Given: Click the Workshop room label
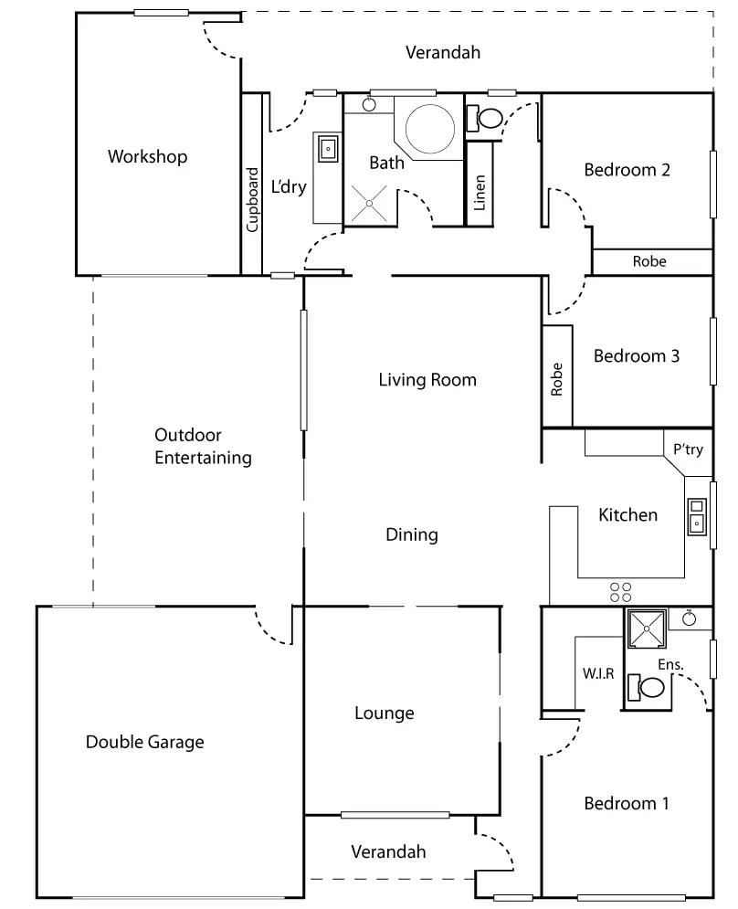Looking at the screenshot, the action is (x=147, y=156).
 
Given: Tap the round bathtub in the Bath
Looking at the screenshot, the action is (x=429, y=129).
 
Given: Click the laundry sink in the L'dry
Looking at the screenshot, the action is (x=328, y=149).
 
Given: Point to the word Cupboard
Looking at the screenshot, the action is (x=252, y=199).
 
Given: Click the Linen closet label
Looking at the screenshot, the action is (x=479, y=193).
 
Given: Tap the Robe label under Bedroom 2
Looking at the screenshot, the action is (x=649, y=261).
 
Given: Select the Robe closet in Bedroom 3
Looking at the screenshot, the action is (x=557, y=376).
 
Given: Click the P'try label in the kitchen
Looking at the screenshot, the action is (x=688, y=449).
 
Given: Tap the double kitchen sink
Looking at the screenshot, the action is (x=696, y=516).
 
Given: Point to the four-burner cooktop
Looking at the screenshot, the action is (x=620, y=592).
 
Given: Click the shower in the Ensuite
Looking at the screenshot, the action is (x=647, y=628).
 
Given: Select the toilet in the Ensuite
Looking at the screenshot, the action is (x=646, y=688).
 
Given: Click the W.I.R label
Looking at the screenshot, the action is (x=597, y=673).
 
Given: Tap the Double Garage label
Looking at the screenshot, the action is (x=145, y=742).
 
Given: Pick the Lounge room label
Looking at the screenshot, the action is (x=385, y=713).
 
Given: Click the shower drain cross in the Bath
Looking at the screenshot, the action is (x=369, y=204).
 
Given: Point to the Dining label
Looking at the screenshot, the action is (x=412, y=534).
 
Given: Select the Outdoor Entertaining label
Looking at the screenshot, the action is (x=203, y=447).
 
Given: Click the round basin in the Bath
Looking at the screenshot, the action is (x=369, y=104).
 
